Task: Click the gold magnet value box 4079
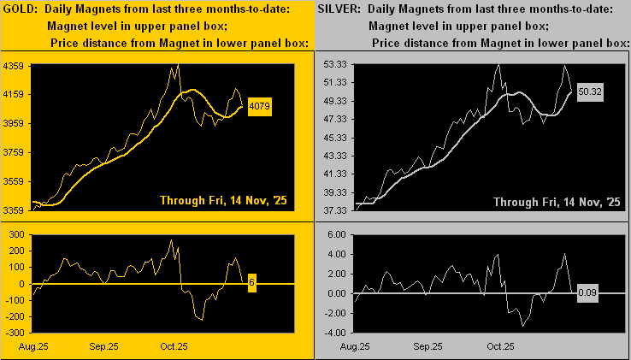259,108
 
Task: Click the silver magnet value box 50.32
589,90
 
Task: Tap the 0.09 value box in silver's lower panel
587,293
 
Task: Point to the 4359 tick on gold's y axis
16,65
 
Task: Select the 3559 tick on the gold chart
16,181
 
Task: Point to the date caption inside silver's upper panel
557,201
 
